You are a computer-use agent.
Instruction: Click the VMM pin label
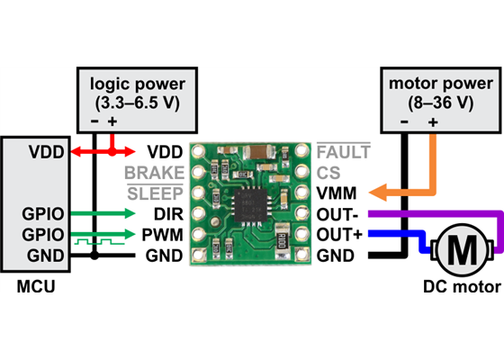click(x=336, y=193)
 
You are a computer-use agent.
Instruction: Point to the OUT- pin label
click(x=338, y=214)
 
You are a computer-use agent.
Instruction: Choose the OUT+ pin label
click(x=338, y=235)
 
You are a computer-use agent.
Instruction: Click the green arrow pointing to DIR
click(x=126, y=214)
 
